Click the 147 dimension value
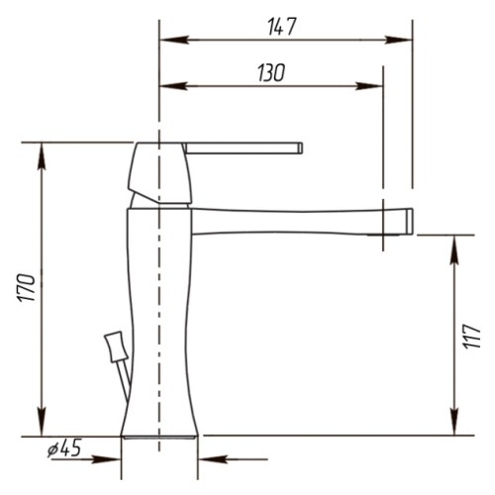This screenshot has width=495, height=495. point(281,27)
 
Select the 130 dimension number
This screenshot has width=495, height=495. point(271,73)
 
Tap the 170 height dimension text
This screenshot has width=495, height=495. point(27,287)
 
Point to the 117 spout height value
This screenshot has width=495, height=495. point(471,336)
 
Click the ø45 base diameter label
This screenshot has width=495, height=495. point(64,448)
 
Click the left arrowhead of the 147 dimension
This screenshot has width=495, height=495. point(174,40)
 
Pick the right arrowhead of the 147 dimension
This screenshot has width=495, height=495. point(398,40)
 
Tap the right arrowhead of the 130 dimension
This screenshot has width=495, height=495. point(369,86)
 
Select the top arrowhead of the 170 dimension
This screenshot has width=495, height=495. point(42,156)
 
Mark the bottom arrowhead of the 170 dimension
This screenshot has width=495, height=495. point(42,422)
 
